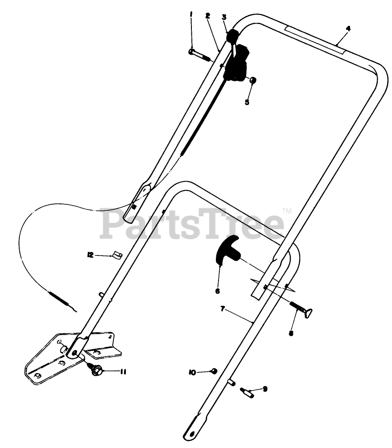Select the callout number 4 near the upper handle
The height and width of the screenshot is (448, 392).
(x=348, y=29)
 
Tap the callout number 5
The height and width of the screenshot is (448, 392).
(x=247, y=102)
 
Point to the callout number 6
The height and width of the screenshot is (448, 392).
(x=217, y=290)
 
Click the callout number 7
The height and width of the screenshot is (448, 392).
(x=222, y=309)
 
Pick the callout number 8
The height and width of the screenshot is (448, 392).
(x=291, y=332)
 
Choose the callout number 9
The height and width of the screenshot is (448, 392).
(x=264, y=388)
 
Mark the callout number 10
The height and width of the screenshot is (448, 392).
(x=192, y=372)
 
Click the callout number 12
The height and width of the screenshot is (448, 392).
(x=90, y=255)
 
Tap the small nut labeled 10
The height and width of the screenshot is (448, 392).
(x=214, y=371)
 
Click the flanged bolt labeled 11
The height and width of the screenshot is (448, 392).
(x=96, y=368)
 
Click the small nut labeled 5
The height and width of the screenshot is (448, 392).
(x=253, y=80)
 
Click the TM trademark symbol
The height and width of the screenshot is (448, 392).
(x=287, y=211)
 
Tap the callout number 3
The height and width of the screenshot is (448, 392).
(x=224, y=17)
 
